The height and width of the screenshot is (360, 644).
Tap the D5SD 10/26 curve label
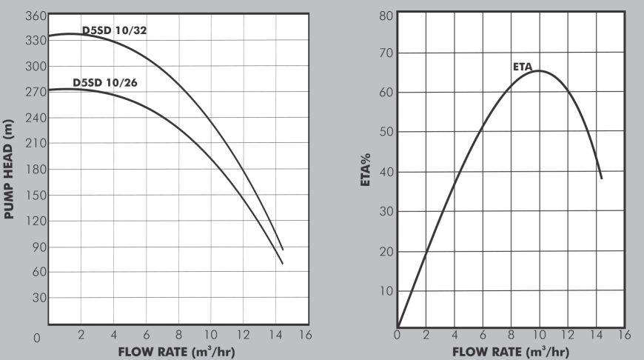pos(105,82)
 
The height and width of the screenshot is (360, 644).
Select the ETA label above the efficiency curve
pos(523,67)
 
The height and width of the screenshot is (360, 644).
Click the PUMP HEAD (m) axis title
pos(10,170)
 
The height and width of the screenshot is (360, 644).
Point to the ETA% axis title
pos(366,171)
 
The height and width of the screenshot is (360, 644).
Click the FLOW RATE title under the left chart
pos(178,351)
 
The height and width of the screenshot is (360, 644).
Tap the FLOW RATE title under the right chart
pos(511,351)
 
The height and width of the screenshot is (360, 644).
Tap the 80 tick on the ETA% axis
pos(385,15)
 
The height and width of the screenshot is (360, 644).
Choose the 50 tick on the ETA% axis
pos(385,133)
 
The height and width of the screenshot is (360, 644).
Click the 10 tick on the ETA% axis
pos(385,290)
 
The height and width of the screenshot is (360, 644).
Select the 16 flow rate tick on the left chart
pos(305,335)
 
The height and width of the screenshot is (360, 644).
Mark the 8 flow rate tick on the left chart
pos(178,335)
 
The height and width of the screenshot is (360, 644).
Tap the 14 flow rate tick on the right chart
pos(596,335)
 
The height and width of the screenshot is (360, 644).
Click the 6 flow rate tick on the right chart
pos(483,335)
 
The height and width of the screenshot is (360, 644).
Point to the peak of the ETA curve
pos(539,71)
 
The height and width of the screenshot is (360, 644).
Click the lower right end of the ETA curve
pos(601,178)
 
